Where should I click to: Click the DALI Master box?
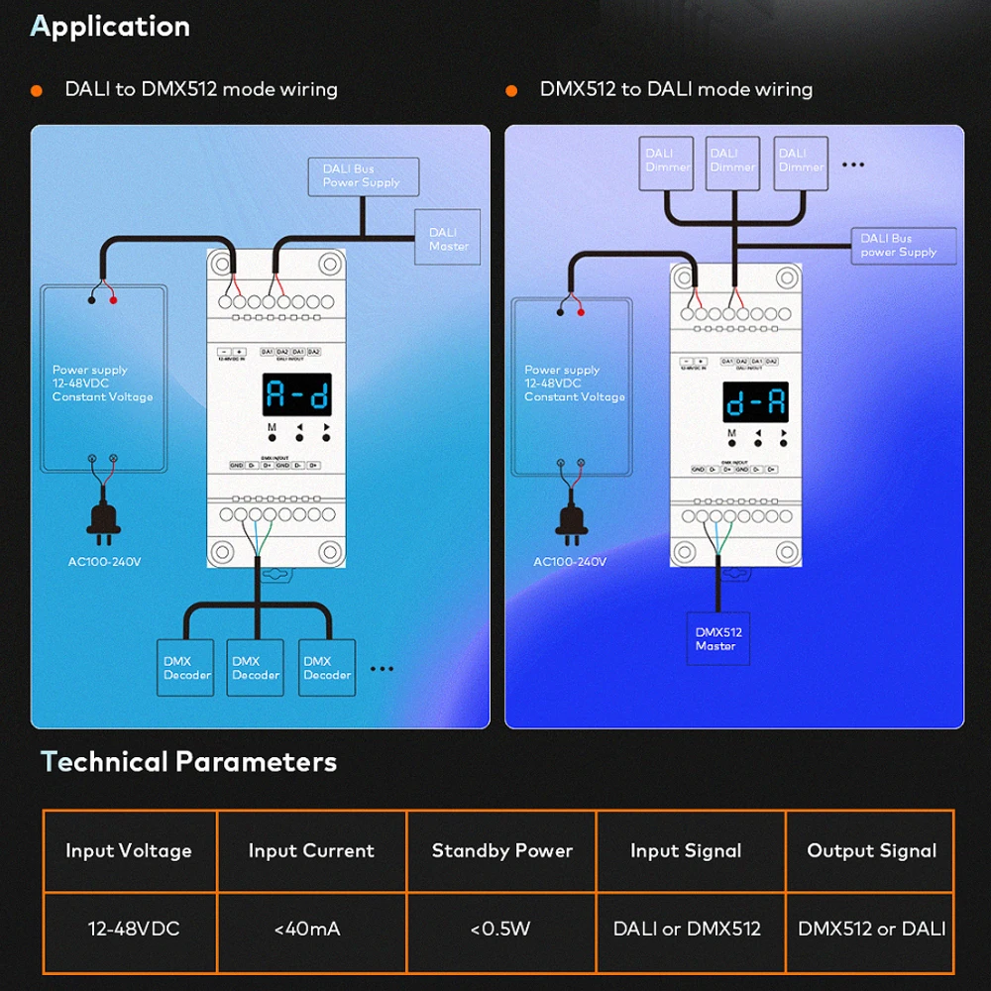[448, 238]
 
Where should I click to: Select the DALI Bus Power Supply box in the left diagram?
[363, 176]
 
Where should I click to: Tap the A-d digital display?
[297, 394]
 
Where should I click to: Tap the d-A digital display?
[755, 402]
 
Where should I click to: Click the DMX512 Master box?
[717, 639]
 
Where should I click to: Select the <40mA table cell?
[311, 929]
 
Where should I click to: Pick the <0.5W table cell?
[501, 929]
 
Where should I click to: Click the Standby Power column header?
[501, 850]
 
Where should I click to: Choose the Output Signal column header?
[871, 850]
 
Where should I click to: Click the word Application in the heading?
[110, 26]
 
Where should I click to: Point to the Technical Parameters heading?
[188, 762]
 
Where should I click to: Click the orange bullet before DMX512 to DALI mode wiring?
[511, 90]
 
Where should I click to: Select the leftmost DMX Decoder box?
[186, 668]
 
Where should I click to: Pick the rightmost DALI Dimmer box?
[801, 161]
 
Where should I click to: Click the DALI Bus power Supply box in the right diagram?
[903, 246]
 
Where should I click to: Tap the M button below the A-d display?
[272, 440]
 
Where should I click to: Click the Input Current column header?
[311, 850]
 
